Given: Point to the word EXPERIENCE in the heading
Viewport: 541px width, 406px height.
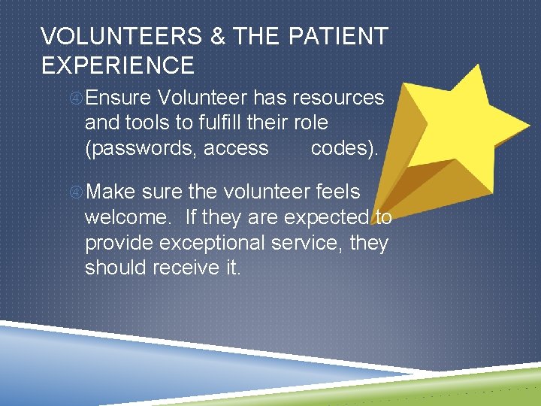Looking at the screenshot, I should (x=118, y=65).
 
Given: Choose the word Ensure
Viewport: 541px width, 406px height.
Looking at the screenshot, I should (x=119, y=98).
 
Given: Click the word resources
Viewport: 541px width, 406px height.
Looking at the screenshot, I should (x=338, y=98).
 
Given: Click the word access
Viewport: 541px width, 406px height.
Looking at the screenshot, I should (x=236, y=148).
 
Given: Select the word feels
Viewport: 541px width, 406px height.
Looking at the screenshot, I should (x=334, y=192).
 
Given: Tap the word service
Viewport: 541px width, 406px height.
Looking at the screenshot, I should (x=314, y=243).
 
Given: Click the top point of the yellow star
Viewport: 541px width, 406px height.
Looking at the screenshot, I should (x=478, y=65).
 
